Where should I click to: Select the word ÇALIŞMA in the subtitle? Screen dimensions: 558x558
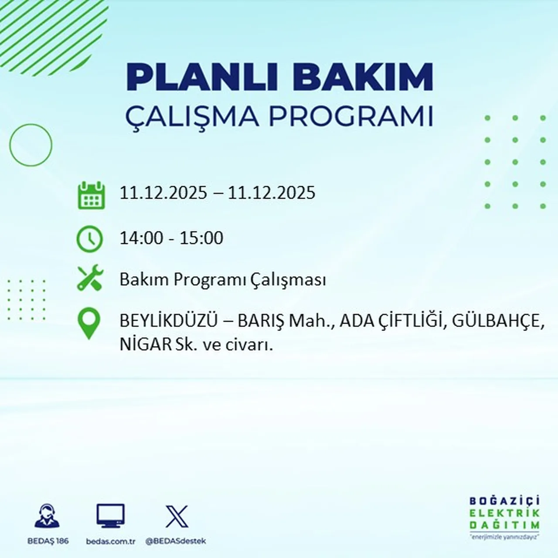coord(192,116)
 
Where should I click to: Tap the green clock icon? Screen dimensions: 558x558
coord(90,239)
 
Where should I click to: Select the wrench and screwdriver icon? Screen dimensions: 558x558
coord(90,279)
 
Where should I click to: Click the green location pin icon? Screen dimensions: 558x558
coord(89,323)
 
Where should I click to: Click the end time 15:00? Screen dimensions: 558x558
coord(201,238)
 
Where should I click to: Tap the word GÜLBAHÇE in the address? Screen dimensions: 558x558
coord(498,322)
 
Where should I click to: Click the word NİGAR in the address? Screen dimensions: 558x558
coord(146,345)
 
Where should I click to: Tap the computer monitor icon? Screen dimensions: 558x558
coord(110,516)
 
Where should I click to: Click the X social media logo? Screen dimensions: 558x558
coord(177,517)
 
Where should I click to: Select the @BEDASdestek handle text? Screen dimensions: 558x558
coord(175,541)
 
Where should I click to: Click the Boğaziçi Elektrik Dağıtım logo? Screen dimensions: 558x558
coord(504,517)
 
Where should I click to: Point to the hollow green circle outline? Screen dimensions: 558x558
coord(31,145)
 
